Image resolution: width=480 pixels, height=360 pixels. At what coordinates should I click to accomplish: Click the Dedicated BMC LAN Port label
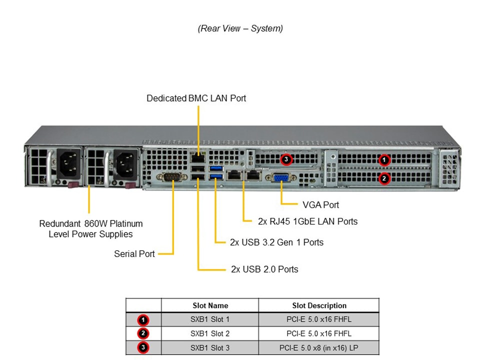point(196,98)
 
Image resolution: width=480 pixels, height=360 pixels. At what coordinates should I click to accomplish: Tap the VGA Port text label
point(320,205)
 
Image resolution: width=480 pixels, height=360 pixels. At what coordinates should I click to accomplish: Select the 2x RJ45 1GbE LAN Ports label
point(307,221)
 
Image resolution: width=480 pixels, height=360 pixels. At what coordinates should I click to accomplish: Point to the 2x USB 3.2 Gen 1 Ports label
point(276,242)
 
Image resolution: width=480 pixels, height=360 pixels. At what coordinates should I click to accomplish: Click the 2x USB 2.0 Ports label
point(264,269)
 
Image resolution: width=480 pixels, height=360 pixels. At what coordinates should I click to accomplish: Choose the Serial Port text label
point(134,254)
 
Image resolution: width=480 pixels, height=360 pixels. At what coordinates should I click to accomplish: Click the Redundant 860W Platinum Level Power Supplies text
point(90,229)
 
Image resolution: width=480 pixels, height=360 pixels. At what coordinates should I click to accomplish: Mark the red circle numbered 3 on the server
point(286,160)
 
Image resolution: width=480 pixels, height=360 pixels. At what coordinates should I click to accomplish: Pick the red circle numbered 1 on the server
point(384,160)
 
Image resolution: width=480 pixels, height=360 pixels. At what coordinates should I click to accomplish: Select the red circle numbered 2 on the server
point(384,178)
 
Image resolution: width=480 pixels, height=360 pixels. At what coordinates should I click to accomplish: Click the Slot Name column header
point(210,305)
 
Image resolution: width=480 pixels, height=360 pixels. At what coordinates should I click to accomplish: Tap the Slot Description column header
point(319,305)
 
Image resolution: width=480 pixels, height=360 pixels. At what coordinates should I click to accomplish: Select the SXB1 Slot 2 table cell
point(210,333)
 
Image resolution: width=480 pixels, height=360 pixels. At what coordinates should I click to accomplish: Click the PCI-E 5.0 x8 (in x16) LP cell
point(319,347)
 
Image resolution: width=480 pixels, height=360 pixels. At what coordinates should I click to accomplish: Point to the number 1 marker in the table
point(143,319)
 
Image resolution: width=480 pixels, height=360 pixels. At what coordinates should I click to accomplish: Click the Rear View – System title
point(240,28)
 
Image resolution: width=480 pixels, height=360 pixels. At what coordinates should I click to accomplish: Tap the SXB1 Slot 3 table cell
point(210,347)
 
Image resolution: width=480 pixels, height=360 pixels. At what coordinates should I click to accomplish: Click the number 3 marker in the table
point(143,347)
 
